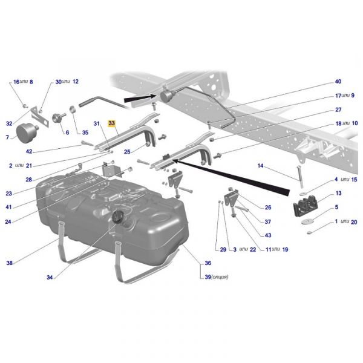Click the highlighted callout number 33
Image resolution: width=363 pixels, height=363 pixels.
[111, 123]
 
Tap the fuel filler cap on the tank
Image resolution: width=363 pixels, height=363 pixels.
[117, 217]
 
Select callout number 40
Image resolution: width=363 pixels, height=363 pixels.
[338, 82]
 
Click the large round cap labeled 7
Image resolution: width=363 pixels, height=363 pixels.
[25, 134]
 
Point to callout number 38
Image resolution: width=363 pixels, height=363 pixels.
[10, 263]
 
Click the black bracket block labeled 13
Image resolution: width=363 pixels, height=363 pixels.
[305, 205]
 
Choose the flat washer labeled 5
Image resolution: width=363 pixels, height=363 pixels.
[308, 221]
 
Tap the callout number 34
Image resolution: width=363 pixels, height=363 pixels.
[50, 277]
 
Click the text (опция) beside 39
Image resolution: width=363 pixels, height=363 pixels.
[220, 277]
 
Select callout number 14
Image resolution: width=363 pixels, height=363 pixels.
[260, 166]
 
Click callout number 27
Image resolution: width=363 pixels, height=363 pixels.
[338, 110]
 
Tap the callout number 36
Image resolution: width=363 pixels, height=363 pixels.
[208, 263]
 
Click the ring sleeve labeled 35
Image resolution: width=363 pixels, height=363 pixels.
[73, 110]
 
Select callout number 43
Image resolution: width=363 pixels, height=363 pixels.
[268, 235]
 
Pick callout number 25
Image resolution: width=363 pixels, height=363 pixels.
[127, 152]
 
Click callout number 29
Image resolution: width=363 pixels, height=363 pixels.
[223, 249]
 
